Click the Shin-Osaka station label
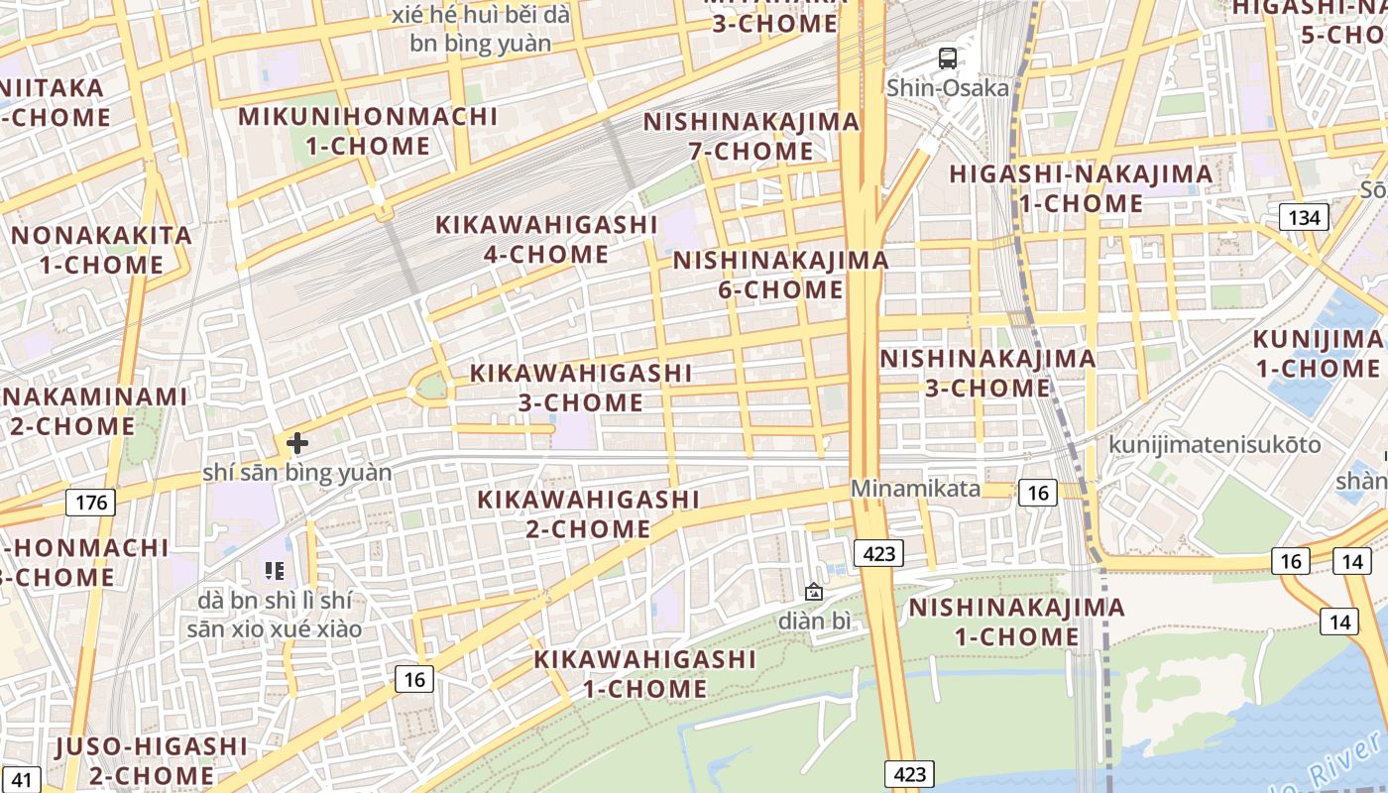(947, 87)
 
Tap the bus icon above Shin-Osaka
(948, 57)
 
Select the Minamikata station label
(915, 489)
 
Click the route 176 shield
(90, 503)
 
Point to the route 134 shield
(1303, 217)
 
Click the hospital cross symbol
(297, 443)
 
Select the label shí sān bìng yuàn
(297, 472)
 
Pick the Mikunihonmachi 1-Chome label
(368, 131)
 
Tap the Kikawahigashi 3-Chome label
(580, 388)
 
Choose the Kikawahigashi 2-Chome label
(588, 513)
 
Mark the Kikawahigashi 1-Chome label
(644, 673)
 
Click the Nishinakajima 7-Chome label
(752, 137)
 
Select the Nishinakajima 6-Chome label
(781, 275)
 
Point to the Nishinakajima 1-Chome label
(1016, 622)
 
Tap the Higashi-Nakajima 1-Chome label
(1081, 188)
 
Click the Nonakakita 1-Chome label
(101, 250)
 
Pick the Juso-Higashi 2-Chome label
(152, 760)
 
